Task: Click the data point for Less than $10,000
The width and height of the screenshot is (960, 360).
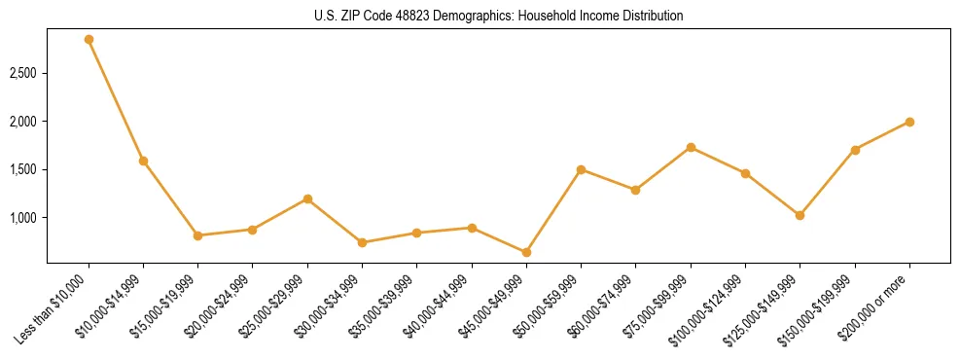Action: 89,40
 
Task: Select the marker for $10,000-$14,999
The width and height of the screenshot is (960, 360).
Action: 143,161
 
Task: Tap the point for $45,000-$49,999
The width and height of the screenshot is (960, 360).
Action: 526,252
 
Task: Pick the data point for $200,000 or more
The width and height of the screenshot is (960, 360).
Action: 909,122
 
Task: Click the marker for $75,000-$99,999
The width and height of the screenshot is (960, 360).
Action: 691,147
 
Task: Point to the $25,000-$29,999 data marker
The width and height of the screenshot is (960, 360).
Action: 307,198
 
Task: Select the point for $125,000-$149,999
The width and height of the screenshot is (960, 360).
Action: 800,215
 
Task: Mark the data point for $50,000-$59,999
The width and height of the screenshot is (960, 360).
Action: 581,169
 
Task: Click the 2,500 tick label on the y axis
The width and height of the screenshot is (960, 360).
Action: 23,74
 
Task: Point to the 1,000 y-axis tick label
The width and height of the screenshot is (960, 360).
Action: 23,218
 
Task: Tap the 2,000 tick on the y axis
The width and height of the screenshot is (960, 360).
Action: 23,122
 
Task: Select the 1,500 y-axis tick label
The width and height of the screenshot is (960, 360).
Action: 23,169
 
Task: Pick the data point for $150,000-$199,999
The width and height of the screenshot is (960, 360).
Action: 855,150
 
